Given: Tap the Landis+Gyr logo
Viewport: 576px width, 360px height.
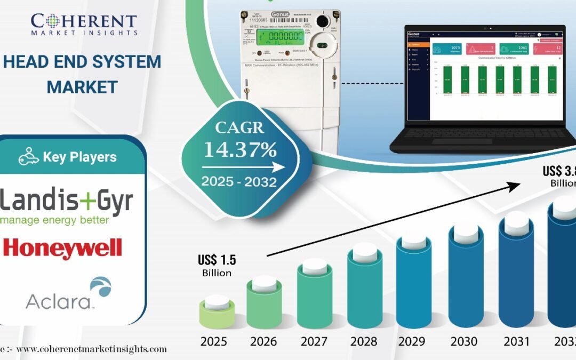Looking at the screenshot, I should point(67,205).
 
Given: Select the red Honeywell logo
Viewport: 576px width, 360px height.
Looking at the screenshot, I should point(62,249).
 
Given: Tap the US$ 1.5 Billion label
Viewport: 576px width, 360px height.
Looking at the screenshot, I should point(217,266).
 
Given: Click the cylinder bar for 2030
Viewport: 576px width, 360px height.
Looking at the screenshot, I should point(466,275).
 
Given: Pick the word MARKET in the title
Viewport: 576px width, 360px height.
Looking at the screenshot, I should point(82,86).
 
